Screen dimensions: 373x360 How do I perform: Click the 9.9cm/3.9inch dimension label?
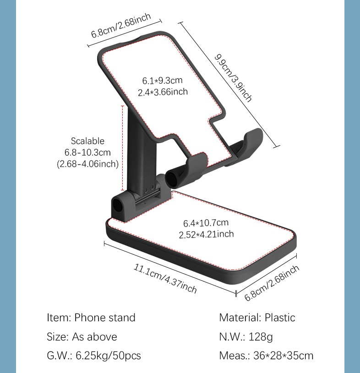tap(233, 78)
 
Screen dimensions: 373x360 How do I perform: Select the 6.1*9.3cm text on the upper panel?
tap(162, 81)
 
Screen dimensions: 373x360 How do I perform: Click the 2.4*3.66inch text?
tap(163, 92)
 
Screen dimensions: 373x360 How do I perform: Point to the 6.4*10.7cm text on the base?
tap(206, 223)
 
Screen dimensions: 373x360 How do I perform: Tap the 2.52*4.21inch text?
tap(206, 234)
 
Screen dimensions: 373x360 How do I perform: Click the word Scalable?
tap(87, 141)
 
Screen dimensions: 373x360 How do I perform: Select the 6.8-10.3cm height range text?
tap(87, 152)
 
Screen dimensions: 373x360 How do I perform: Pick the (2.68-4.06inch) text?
tap(87, 163)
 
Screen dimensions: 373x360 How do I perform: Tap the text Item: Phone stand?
tap(91, 317)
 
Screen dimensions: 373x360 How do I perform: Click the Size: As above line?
tap(82, 337)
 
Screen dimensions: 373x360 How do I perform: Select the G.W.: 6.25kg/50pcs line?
tap(94, 356)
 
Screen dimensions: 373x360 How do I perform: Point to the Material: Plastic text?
tap(257, 317)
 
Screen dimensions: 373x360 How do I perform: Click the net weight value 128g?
tap(261, 337)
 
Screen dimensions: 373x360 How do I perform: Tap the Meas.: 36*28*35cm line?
tap(266, 356)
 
